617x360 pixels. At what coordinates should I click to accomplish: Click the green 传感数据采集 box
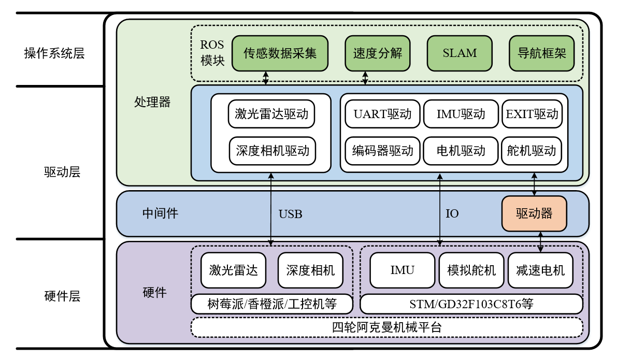(x=279, y=53)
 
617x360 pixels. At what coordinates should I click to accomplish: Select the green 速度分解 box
(x=377, y=53)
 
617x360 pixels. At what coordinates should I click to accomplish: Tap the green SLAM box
(x=460, y=53)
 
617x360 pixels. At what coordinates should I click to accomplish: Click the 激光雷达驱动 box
(x=271, y=114)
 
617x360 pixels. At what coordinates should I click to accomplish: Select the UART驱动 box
(x=382, y=114)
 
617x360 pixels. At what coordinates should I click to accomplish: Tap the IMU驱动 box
(x=461, y=114)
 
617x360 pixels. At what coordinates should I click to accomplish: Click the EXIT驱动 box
(x=532, y=114)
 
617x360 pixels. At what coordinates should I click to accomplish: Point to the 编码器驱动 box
(x=382, y=151)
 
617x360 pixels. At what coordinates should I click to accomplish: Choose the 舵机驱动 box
(x=532, y=151)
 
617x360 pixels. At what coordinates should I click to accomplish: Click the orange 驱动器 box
(x=534, y=213)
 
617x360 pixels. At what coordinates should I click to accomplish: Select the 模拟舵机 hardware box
(x=471, y=270)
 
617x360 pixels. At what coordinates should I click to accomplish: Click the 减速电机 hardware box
(x=540, y=270)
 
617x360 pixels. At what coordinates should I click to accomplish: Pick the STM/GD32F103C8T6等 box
(x=471, y=304)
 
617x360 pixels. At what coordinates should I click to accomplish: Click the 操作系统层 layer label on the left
(x=54, y=53)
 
